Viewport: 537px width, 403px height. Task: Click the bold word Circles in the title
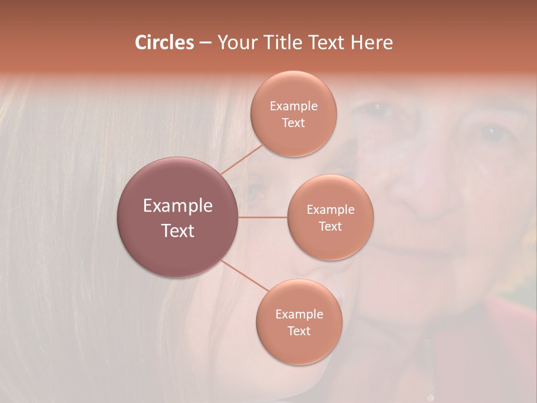[164, 43]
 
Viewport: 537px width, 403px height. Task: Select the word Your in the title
[235, 43]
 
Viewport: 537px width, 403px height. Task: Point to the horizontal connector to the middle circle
[263, 217]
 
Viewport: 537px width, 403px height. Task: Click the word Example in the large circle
[178, 206]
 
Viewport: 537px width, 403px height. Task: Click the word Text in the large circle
[178, 231]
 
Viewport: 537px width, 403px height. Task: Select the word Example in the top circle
[293, 106]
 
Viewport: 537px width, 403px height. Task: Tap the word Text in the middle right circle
[331, 226]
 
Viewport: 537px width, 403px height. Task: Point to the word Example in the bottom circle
[299, 314]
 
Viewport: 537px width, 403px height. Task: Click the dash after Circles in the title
[205, 43]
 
